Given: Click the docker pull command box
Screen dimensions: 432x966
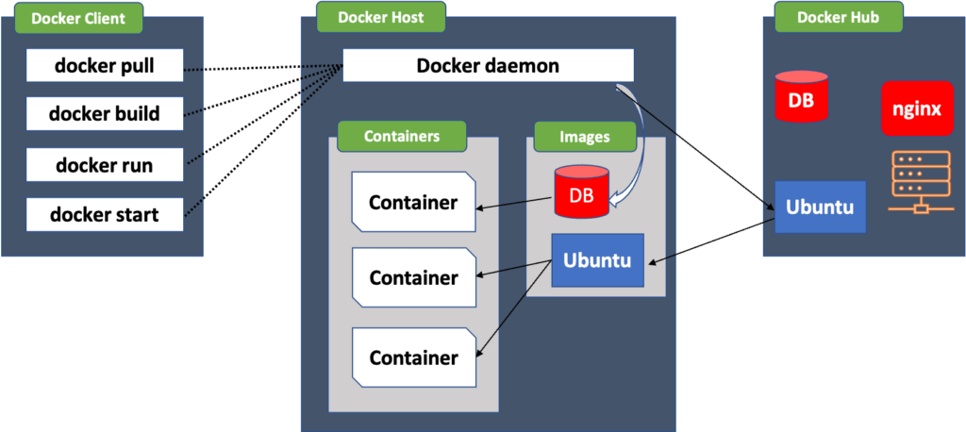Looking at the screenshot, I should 104,66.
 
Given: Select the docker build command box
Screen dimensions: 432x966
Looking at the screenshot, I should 104,115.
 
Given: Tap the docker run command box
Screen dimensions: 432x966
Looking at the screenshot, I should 104,166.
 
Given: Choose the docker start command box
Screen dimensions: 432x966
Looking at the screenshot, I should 104,215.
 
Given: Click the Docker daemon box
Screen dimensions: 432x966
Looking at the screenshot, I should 488,66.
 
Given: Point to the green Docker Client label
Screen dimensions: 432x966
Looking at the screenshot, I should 77,18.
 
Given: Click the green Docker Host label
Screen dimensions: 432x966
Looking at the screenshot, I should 382,17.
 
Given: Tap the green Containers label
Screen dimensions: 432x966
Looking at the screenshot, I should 402,136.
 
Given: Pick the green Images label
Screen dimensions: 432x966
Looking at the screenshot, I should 585,137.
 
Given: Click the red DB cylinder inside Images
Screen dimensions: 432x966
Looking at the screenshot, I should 581,193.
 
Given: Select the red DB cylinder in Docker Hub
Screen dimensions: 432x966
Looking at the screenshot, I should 801,97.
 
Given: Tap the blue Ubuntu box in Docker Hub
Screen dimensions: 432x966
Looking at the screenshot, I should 820,207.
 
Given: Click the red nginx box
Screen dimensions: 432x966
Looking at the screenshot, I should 917,108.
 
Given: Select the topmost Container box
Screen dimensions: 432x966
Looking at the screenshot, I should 413,202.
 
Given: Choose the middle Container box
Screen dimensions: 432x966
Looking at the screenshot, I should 413,277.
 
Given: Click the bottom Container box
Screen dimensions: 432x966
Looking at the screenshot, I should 413,357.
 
